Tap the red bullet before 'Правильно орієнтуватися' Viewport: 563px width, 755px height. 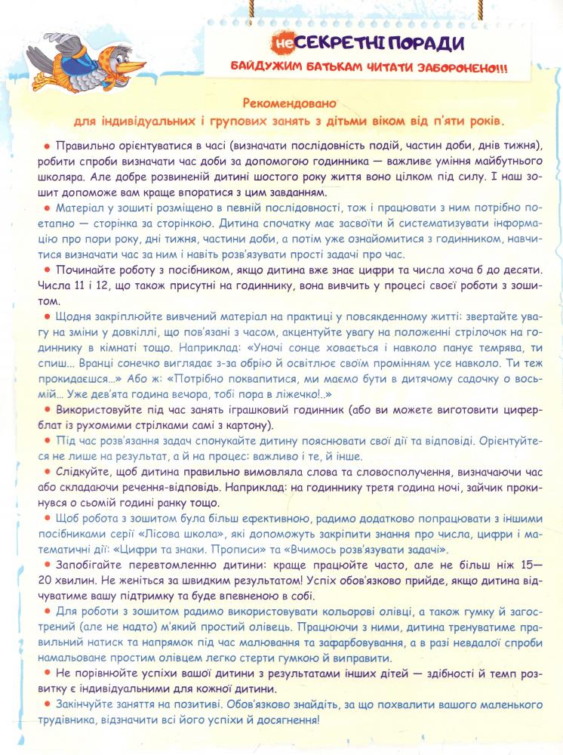pyautogui.click(x=47, y=146)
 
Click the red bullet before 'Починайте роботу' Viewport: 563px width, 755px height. pyautogui.click(x=47, y=270)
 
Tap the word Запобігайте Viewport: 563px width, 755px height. pyautogui.click(x=90, y=564)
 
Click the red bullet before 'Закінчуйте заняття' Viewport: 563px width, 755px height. pyautogui.click(x=47, y=704)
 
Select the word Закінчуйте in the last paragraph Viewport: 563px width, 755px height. pyautogui.click(x=88, y=704)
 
